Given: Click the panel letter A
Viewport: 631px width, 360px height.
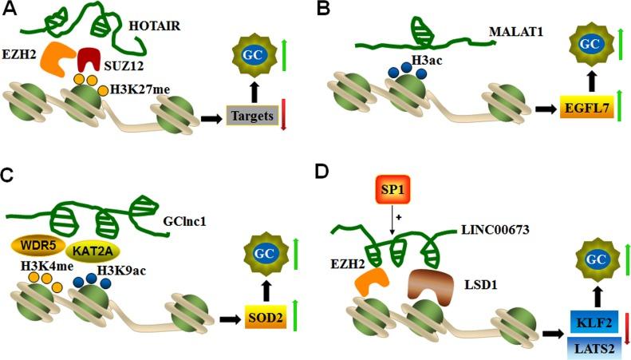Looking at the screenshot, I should [x=12, y=11].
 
